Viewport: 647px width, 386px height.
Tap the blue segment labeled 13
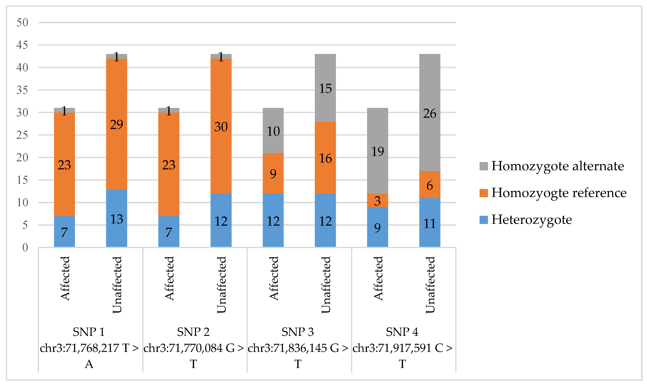(x=116, y=218)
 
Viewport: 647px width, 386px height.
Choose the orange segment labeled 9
(x=273, y=173)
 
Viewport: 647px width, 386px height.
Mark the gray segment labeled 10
(x=273, y=131)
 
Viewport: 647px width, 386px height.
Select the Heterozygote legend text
(x=531, y=220)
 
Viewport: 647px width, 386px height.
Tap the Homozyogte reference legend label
(x=559, y=193)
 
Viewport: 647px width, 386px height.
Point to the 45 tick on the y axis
(x=22, y=45)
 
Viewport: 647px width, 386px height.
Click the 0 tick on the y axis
(x=25, y=247)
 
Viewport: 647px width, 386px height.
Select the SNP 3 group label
(x=297, y=332)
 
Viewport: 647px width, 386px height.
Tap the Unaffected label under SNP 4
(x=430, y=285)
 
